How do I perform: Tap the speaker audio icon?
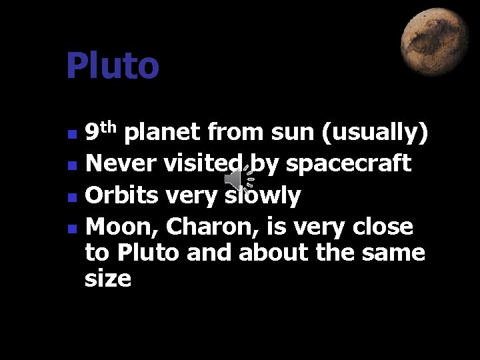tap(238, 179)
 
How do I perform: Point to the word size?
tap(108, 279)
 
